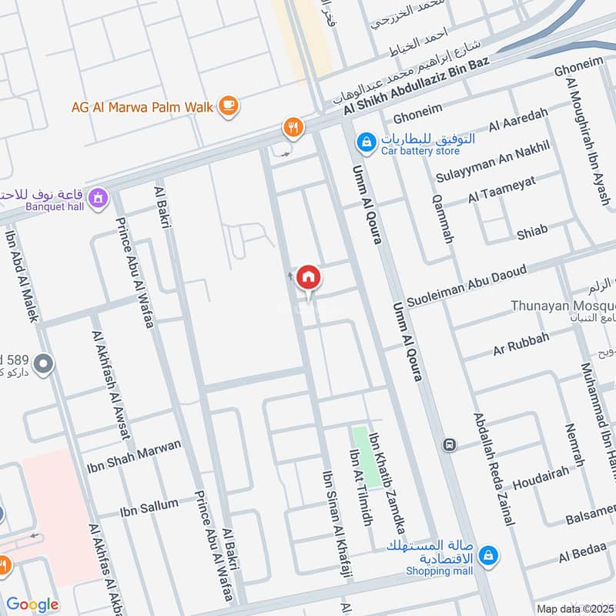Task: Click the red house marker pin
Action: click(x=309, y=277)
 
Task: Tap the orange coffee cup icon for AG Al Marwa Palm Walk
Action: click(x=228, y=106)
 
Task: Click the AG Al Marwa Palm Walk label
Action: click(x=142, y=108)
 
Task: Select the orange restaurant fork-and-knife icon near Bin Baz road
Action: click(x=293, y=128)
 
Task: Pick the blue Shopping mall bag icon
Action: click(x=487, y=554)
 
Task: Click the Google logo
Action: click(x=32, y=605)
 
